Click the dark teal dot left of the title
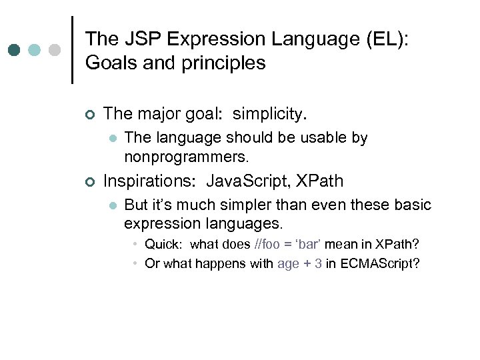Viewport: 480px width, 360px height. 15,50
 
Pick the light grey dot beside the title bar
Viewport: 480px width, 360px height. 55,50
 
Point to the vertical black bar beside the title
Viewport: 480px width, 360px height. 72,50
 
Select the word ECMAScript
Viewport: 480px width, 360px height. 380,263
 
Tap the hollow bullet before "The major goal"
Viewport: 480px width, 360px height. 91,115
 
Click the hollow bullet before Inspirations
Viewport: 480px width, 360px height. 91,182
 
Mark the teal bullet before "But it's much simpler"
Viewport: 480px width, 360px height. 113,205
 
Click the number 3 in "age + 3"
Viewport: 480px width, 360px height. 319,263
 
